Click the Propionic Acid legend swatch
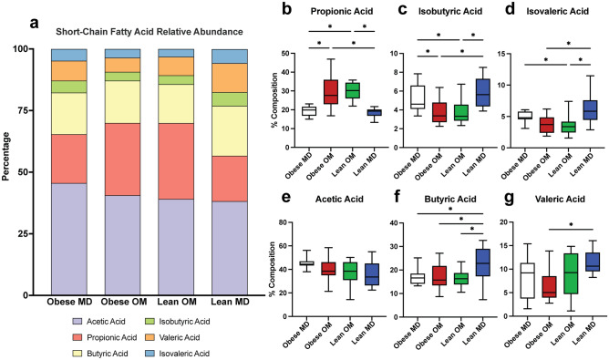point(77,337)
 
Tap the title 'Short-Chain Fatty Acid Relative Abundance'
point(150,32)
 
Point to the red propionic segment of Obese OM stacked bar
point(123,159)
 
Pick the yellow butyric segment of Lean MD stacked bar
point(230,131)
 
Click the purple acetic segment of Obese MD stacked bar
point(69,239)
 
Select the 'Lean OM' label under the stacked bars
point(177,302)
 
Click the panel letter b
point(286,9)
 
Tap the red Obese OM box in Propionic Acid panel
point(330,92)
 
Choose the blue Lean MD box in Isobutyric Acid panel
point(483,92)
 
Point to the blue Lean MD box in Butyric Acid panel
point(483,262)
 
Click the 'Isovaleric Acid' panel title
point(557,12)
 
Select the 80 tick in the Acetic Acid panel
point(286,222)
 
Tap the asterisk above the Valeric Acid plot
point(571,225)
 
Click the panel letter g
point(508,199)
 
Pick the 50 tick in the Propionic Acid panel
point(286,53)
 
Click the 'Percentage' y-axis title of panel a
point(5,157)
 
